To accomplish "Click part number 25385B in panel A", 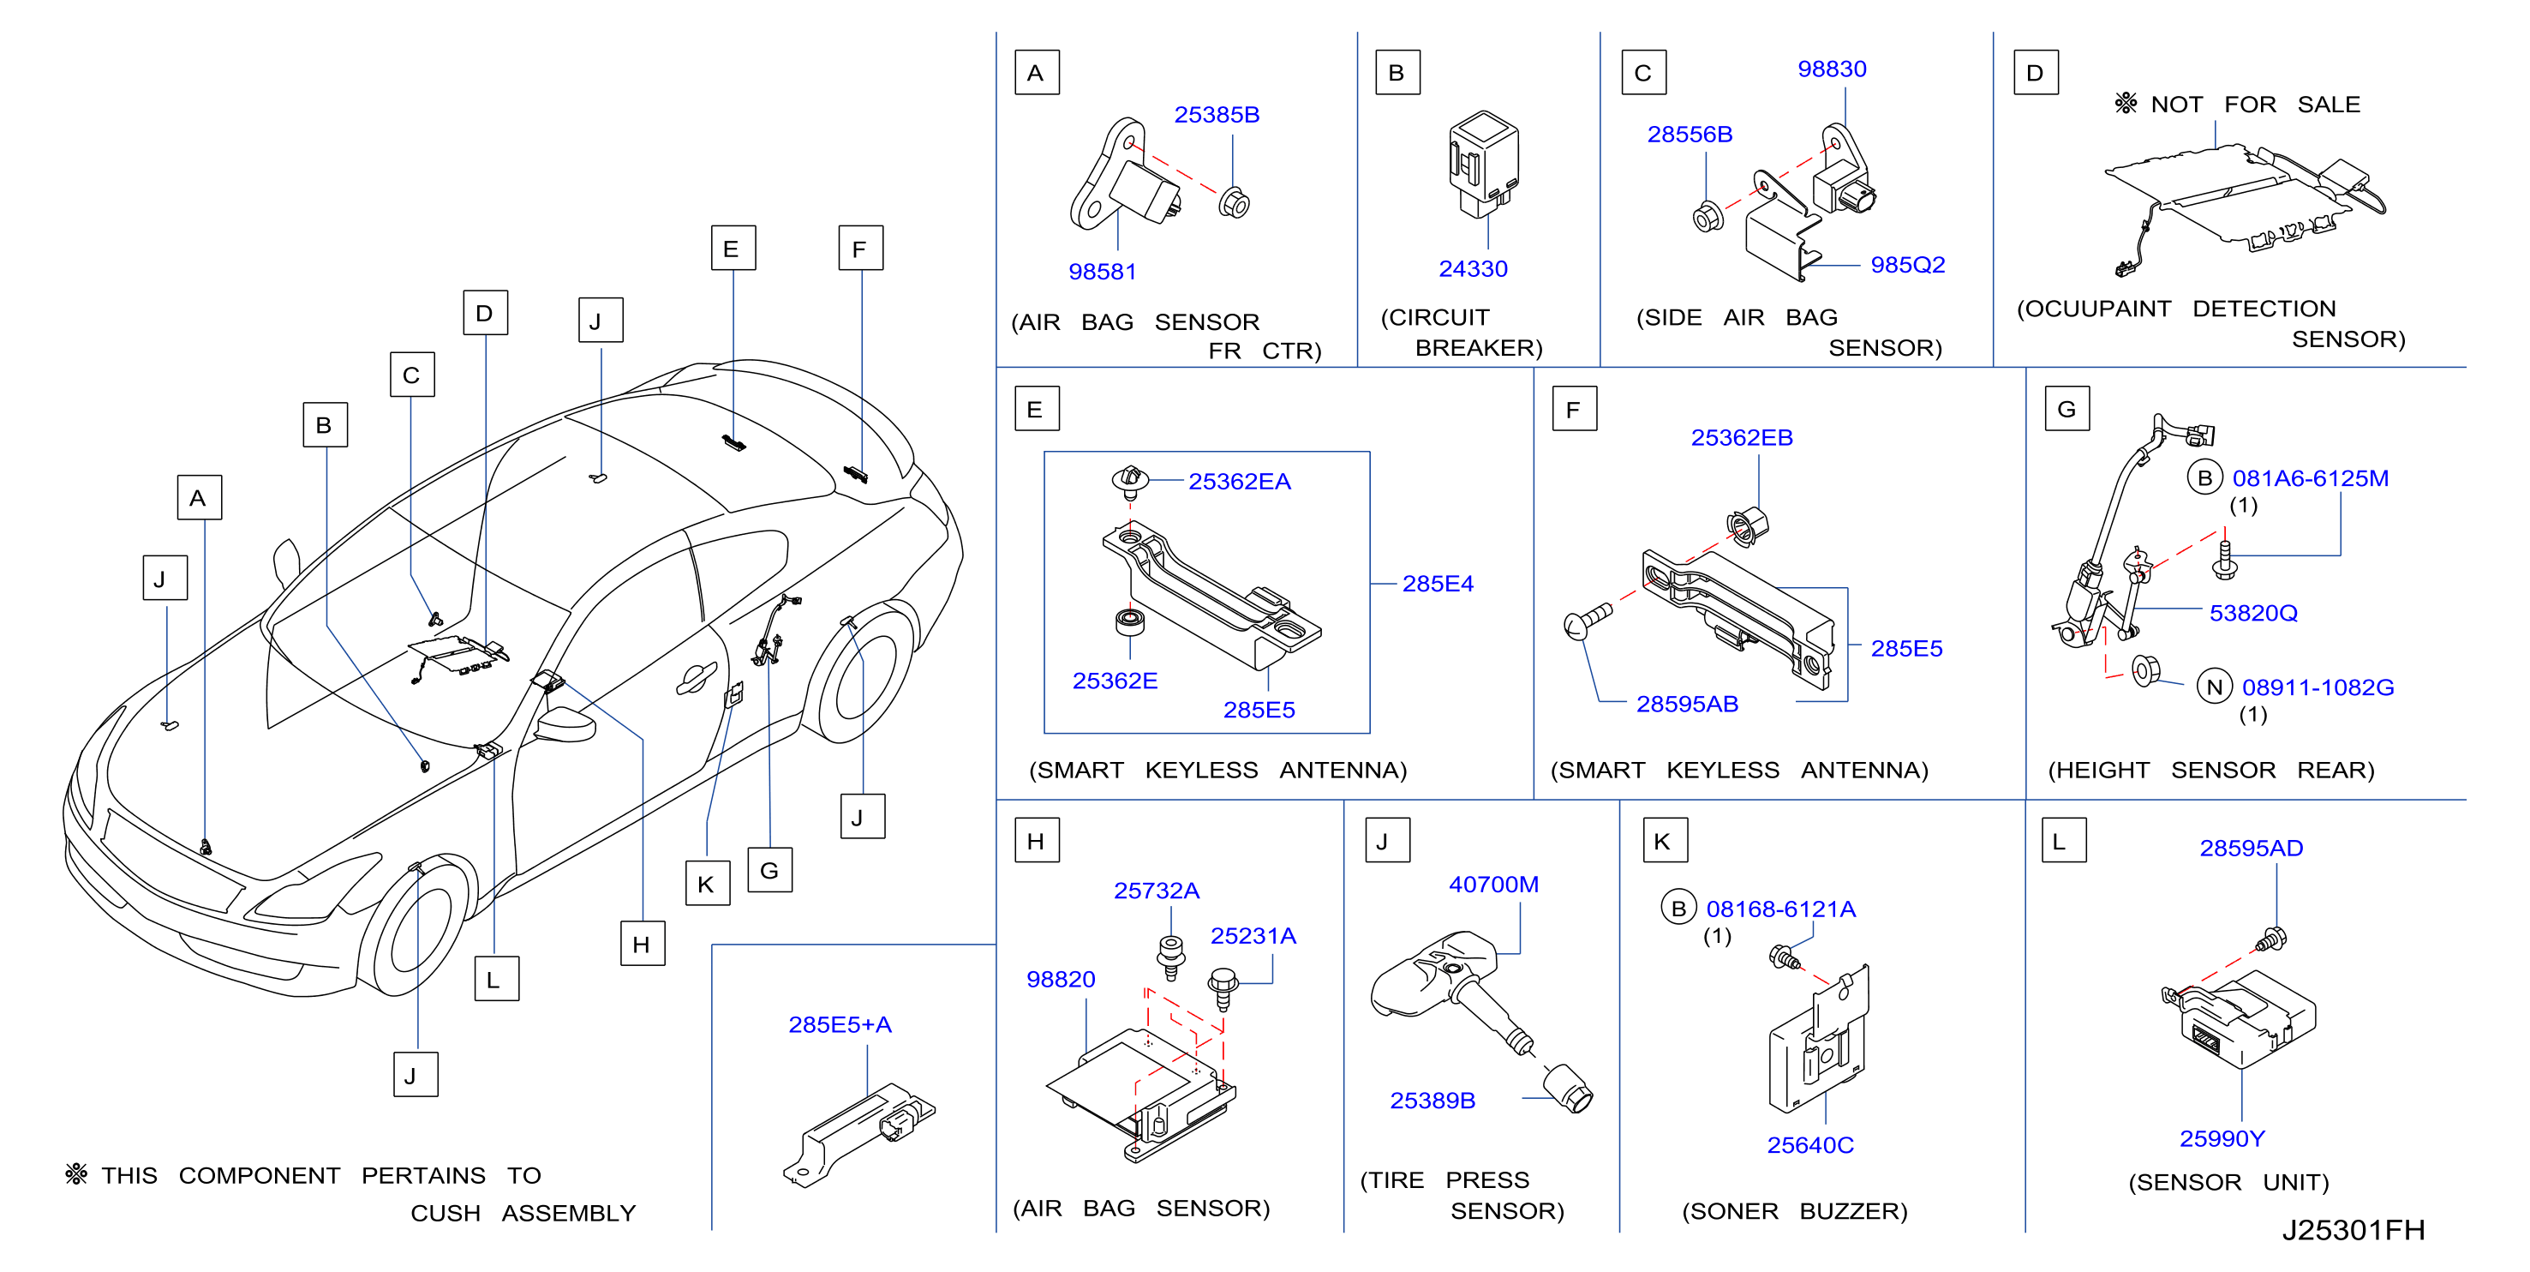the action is (x=1216, y=115).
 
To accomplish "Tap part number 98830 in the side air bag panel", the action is (x=1832, y=69).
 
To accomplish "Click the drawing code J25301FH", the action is (x=2354, y=1230).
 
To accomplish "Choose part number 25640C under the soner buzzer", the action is (x=1810, y=1144).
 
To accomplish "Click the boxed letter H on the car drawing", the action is (x=643, y=944).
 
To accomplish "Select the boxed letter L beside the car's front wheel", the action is (x=496, y=980).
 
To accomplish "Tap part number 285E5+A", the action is (x=840, y=1024).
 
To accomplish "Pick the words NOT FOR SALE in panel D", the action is (x=2255, y=104).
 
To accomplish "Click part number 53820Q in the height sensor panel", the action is (x=2253, y=613).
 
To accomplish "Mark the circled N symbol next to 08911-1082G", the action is (x=2214, y=687).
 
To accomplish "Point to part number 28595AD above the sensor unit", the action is (x=2251, y=848).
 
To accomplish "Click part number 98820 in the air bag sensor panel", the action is (x=1061, y=980).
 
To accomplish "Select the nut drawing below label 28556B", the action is (x=1707, y=215).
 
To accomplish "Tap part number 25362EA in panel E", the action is (x=1240, y=482).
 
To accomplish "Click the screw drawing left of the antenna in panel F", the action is (x=1586, y=621).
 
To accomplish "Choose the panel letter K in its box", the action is (x=1665, y=841).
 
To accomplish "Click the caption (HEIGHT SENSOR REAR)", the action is (x=2210, y=770).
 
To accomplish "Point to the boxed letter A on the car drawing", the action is (x=200, y=498).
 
